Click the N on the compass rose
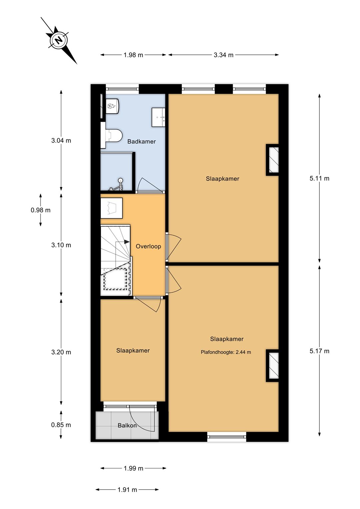[59, 40]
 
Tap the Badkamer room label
[141, 142]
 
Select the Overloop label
[148, 246]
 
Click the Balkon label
[127, 425]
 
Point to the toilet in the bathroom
[111, 136]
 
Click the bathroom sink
[158, 117]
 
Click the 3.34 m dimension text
[223, 55]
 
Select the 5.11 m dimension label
[319, 178]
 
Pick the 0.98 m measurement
[40, 210]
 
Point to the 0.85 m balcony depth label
[61, 425]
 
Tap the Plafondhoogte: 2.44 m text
[226, 352]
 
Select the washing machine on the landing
[112, 208]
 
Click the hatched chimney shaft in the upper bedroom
[273, 160]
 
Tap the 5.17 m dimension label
[319, 351]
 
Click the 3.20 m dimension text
[61, 352]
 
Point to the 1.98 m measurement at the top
[133, 55]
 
